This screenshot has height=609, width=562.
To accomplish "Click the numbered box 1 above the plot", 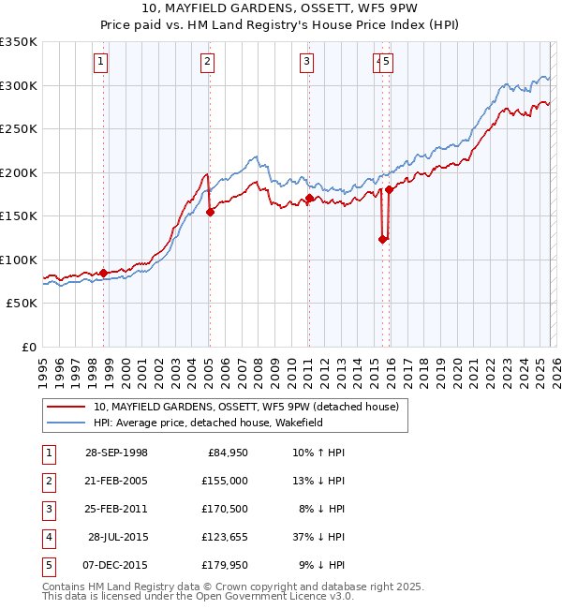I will [x=99, y=63].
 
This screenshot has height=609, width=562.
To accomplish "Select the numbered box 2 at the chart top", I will [x=206, y=63].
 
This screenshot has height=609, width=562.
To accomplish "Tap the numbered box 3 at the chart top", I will [x=306, y=63].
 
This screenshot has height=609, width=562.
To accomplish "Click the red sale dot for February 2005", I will [x=210, y=212].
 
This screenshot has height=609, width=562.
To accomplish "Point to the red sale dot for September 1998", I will [x=103, y=273].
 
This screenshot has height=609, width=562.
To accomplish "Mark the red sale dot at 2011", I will [x=309, y=199].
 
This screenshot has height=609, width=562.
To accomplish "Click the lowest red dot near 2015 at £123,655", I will [x=382, y=239].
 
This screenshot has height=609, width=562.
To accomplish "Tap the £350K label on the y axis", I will [x=19, y=42].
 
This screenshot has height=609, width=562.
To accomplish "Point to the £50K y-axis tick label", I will [x=22, y=304].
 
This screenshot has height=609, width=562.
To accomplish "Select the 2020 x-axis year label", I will [x=456, y=366].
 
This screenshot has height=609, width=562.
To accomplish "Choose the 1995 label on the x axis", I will [x=42, y=366].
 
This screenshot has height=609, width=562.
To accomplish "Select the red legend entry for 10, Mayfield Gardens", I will [x=246, y=407].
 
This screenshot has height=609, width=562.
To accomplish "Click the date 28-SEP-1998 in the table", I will [x=116, y=453].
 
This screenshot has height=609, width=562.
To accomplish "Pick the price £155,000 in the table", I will [x=224, y=481].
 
